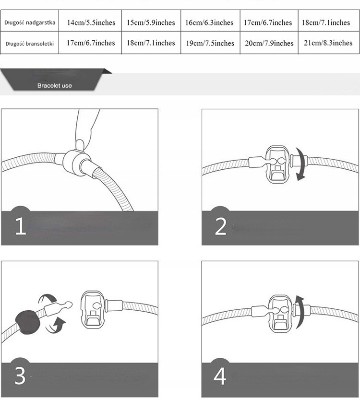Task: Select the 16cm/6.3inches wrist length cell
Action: [209, 23]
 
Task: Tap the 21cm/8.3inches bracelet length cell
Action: [328, 43]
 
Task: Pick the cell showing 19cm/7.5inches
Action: [210, 43]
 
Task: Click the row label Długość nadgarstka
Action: [30, 23]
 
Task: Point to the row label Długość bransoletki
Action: [30, 44]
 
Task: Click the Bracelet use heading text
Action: [54, 85]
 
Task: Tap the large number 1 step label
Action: [21, 226]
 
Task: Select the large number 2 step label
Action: [220, 226]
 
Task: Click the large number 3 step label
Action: [20, 376]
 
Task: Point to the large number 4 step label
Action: [220, 376]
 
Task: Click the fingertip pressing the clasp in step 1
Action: [80, 145]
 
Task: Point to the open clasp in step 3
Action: [93, 310]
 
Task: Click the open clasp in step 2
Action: [277, 164]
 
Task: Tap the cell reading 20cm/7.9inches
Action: [269, 43]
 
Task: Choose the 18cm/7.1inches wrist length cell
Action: [326, 23]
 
